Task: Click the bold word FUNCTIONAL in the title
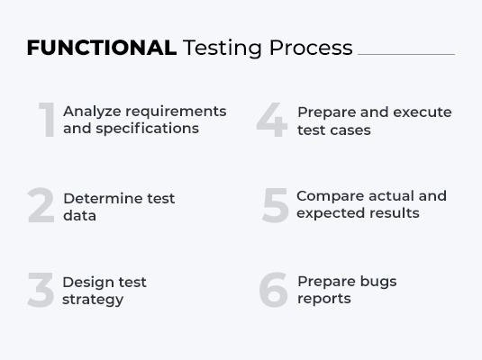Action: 101,48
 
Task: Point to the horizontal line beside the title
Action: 405,54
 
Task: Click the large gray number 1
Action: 46,121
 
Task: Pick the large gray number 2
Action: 41,207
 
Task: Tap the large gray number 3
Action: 41,291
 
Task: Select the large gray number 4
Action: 271,121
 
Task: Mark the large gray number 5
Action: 275,206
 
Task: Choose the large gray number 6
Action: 273,290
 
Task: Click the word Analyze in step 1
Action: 92,112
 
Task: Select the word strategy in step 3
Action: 92,300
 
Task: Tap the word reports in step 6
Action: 323,299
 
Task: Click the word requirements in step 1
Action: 176,112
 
